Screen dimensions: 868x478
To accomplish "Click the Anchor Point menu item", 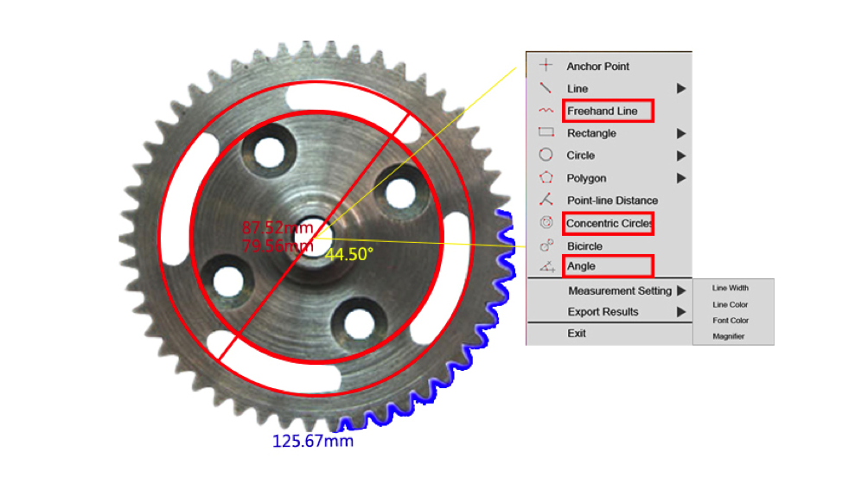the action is coord(598,67).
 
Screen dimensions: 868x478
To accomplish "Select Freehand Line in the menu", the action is coord(603,112).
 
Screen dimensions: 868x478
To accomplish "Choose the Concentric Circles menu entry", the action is coord(609,224).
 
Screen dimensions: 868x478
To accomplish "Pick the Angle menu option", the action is coord(581,266).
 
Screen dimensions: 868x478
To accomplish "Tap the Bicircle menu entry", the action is coord(584,246).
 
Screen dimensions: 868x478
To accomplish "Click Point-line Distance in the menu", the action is coord(612,201).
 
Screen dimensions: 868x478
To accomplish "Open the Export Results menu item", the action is coord(603,312).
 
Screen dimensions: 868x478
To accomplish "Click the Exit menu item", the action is coord(577,334).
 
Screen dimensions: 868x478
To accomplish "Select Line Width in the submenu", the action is coord(731,288).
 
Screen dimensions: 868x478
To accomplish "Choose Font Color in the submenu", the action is coord(731,321).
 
